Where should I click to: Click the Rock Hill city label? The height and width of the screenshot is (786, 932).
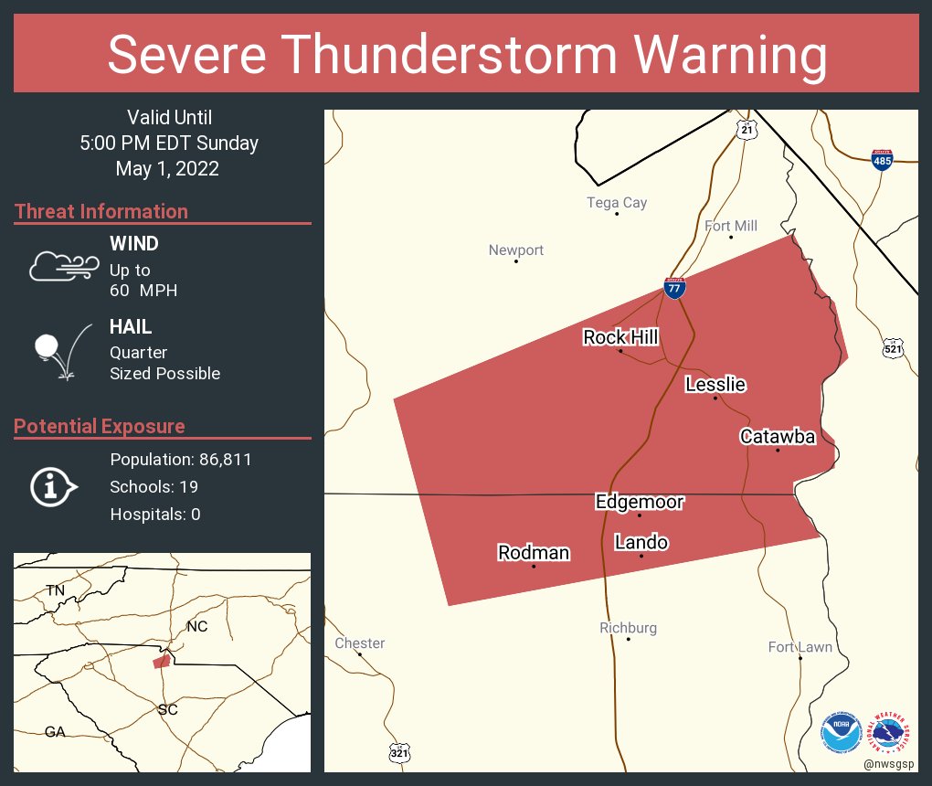[x=620, y=338]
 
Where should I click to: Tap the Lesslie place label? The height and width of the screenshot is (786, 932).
[x=715, y=385]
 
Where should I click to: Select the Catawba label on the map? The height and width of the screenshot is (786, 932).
[x=778, y=437]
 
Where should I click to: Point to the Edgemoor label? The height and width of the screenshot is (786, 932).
[x=640, y=502]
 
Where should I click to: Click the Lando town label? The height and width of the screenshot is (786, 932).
[x=641, y=543]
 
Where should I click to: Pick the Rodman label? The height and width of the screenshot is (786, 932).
[x=534, y=553]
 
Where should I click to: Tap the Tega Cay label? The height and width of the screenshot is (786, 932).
[x=617, y=203]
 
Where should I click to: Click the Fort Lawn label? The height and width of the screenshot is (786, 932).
[x=800, y=647]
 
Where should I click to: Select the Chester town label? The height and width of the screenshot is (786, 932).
[x=360, y=643]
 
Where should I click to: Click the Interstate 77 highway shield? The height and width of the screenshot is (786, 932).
[x=674, y=288]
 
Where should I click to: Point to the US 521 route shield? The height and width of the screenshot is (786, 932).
[x=893, y=348]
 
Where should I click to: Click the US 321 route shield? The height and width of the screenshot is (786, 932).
[x=399, y=752]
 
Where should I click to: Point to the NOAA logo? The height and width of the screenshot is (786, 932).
[x=841, y=732]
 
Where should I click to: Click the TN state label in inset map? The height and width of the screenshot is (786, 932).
[x=56, y=590]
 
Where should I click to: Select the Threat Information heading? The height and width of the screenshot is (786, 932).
[x=101, y=211]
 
